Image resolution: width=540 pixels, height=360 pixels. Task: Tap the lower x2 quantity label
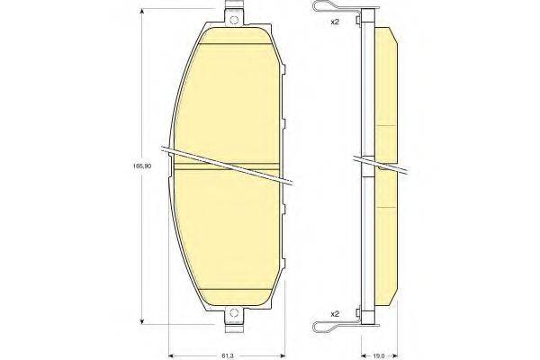coord(335,313)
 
